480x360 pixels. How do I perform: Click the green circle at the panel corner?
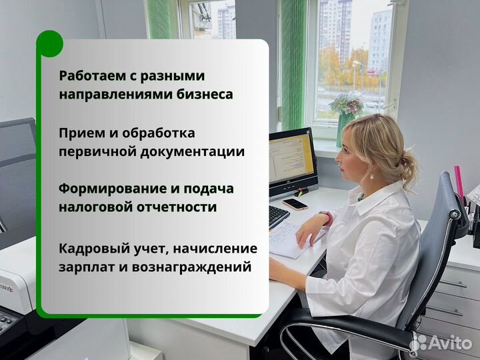tap(49, 44)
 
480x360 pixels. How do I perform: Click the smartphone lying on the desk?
tap(295, 204)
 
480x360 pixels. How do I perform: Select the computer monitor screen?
tap(291, 160)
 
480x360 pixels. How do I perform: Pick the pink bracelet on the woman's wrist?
tap(327, 217)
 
